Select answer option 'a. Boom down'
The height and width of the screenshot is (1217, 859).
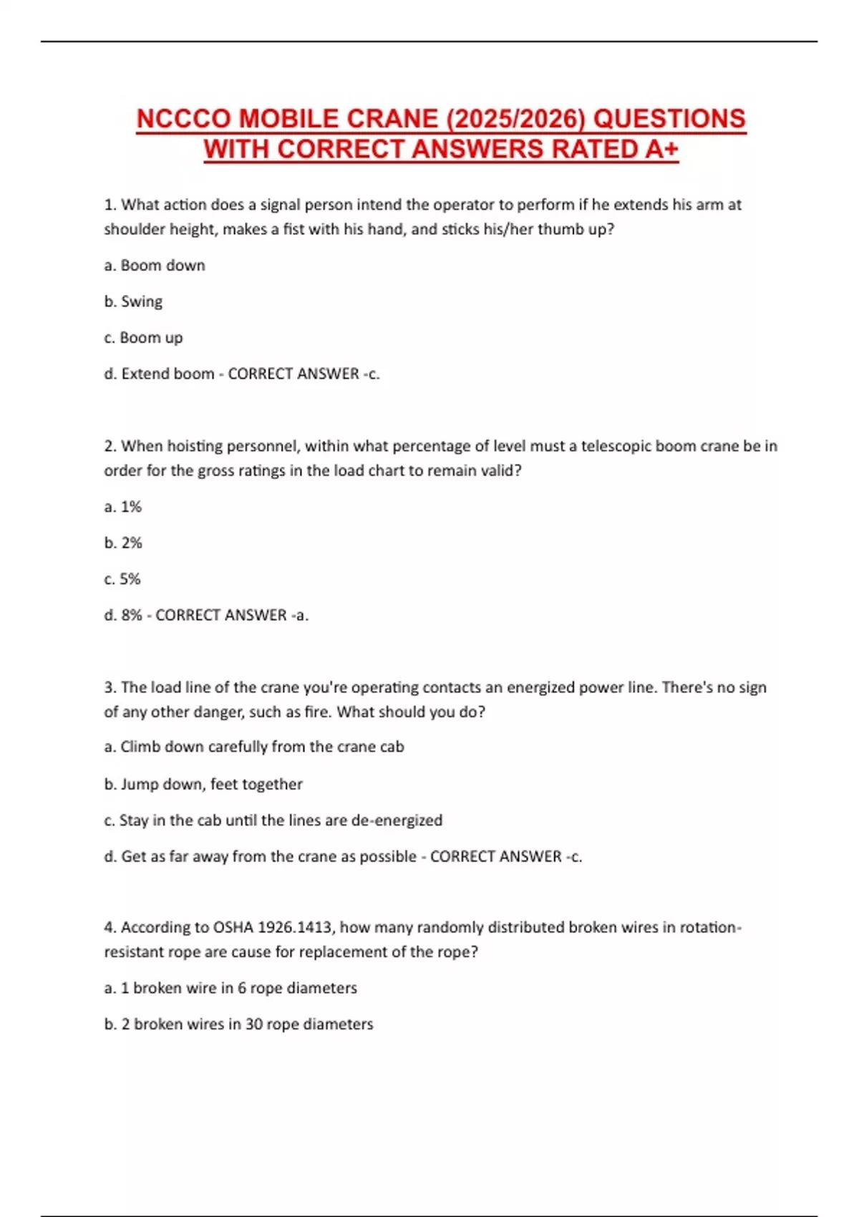click(155, 266)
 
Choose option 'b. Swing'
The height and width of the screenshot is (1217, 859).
click(133, 301)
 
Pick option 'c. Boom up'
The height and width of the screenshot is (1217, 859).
click(143, 338)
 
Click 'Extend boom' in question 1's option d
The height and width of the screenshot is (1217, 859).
click(168, 374)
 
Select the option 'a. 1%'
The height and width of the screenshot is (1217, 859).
click(123, 507)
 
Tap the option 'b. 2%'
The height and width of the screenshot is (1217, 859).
click(123, 543)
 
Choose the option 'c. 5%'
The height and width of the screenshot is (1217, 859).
click(122, 579)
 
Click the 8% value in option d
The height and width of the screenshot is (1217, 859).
click(132, 615)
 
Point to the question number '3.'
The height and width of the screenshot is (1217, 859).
click(110, 687)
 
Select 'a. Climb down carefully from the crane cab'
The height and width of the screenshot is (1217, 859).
click(254, 747)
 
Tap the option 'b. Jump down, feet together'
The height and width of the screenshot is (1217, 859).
click(203, 785)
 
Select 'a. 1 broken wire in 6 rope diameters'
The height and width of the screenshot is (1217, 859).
click(230, 988)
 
